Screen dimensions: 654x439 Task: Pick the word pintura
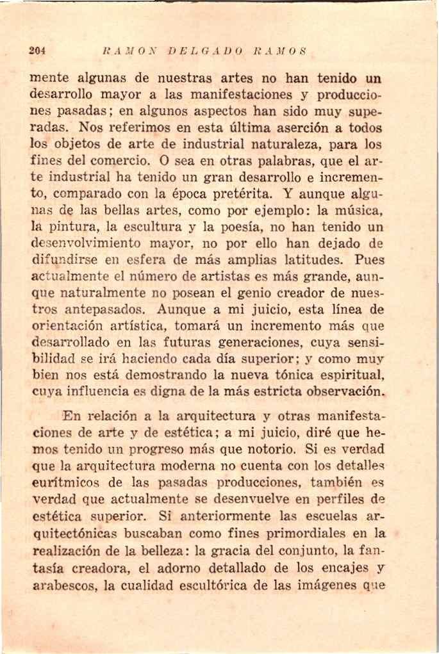tap(68, 227)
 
